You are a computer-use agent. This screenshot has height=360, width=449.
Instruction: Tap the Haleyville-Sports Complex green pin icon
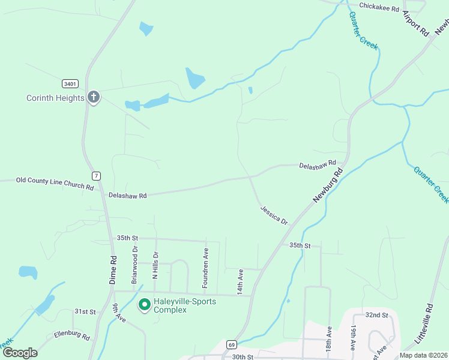(144, 305)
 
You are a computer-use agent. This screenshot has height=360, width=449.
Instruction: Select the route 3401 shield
(70, 83)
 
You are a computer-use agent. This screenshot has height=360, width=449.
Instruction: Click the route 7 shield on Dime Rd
(95, 176)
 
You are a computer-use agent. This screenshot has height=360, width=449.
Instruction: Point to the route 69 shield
(231, 344)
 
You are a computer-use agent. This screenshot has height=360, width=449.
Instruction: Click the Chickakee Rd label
(379, 7)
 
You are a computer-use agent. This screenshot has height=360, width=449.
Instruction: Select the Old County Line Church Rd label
(55, 183)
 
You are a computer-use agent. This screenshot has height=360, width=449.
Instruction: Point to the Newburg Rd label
(327, 186)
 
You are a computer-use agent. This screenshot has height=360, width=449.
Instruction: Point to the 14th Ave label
(240, 281)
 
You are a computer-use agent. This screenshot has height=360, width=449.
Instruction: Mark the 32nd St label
(377, 315)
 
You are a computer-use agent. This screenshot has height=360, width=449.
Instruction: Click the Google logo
(20, 353)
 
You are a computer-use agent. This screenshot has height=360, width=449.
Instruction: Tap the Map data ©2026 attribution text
(423, 355)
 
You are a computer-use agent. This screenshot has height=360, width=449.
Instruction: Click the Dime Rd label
(112, 270)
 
